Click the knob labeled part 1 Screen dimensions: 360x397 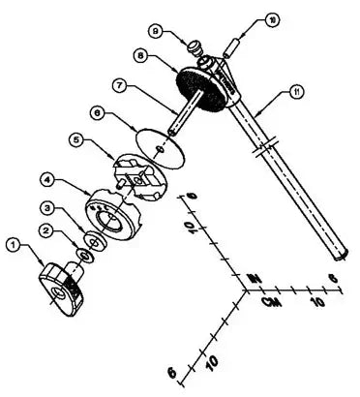click(64, 289)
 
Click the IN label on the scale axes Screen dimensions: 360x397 click(255, 279)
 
